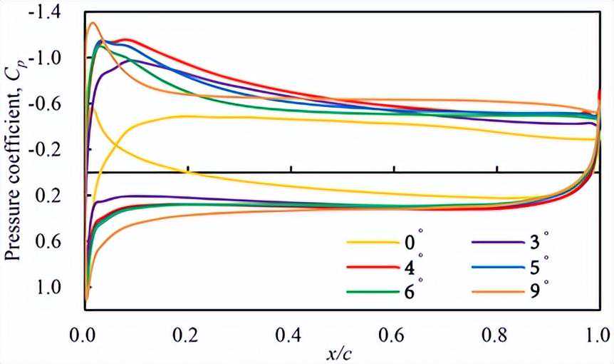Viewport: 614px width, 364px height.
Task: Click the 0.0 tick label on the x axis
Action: pyautogui.click(x=85, y=333)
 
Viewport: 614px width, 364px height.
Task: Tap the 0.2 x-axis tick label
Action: pyautogui.click(x=187, y=333)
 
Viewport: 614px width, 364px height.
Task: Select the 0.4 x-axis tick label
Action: pyautogui.click(x=291, y=333)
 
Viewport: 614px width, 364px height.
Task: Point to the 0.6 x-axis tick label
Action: pyautogui.click(x=394, y=333)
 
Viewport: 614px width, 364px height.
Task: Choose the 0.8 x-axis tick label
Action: pyautogui.click(x=496, y=333)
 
